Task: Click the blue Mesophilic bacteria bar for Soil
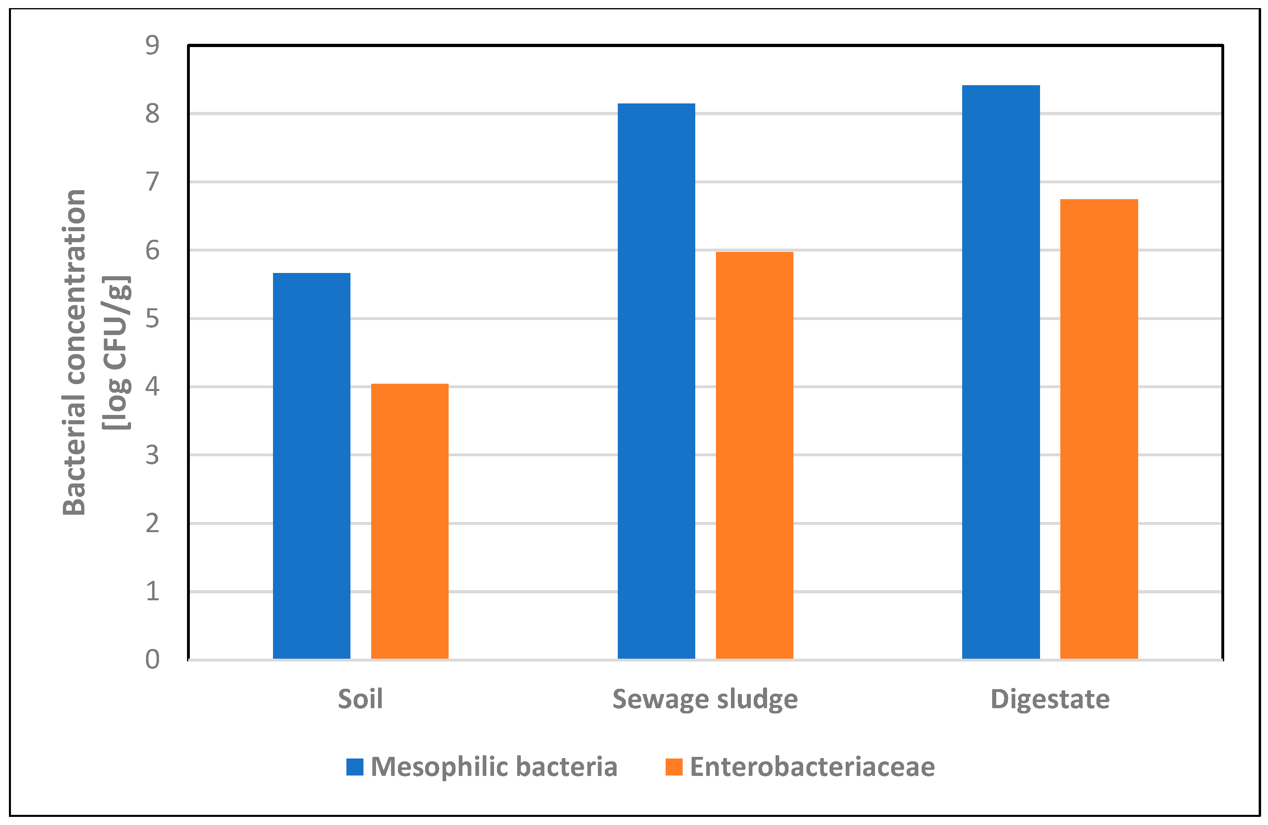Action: pos(312,466)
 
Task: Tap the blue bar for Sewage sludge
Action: pos(656,381)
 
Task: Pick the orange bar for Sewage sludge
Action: pos(754,455)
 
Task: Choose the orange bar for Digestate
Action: pos(1099,429)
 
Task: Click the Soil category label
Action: pos(360,699)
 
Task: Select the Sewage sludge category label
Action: pos(705,699)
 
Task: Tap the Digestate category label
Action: pos(1049,699)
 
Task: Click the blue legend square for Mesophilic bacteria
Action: pos(355,767)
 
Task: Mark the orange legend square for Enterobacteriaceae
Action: pos(674,767)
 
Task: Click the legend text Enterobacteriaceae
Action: pos(812,767)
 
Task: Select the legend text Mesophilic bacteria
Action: pos(494,767)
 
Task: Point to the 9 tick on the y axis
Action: pos(153,45)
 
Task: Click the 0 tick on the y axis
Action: pos(153,660)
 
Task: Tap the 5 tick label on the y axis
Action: pos(153,318)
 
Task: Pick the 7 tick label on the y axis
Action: pos(153,182)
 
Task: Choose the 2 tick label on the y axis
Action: pos(153,524)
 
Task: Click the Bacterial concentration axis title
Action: pos(75,352)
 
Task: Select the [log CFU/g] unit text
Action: pos(117,352)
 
